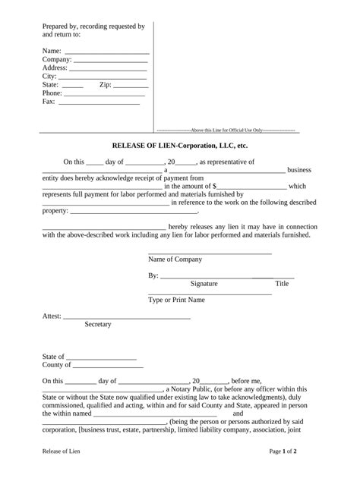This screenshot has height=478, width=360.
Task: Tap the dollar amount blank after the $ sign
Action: [x=252, y=187]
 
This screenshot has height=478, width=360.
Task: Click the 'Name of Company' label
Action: [x=175, y=259]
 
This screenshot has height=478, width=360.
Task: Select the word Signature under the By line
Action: [x=204, y=284]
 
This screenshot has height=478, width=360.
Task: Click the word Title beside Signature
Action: [x=282, y=284]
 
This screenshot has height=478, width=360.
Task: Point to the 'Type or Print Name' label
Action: [x=176, y=300]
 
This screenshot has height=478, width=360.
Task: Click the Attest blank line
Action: [x=127, y=318]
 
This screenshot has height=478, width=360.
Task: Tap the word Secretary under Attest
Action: [x=98, y=325]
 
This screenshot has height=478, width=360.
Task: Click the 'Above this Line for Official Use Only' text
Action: [x=226, y=131]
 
